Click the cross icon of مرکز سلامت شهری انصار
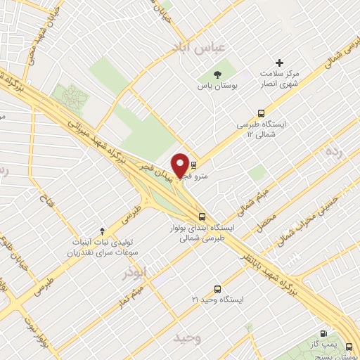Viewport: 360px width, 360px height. [280, 63]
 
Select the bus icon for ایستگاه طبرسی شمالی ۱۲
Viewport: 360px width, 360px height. [262, 112]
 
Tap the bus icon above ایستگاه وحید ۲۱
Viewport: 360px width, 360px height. [217, 288]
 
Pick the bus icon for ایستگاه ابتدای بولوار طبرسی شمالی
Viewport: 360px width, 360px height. [202, 217]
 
